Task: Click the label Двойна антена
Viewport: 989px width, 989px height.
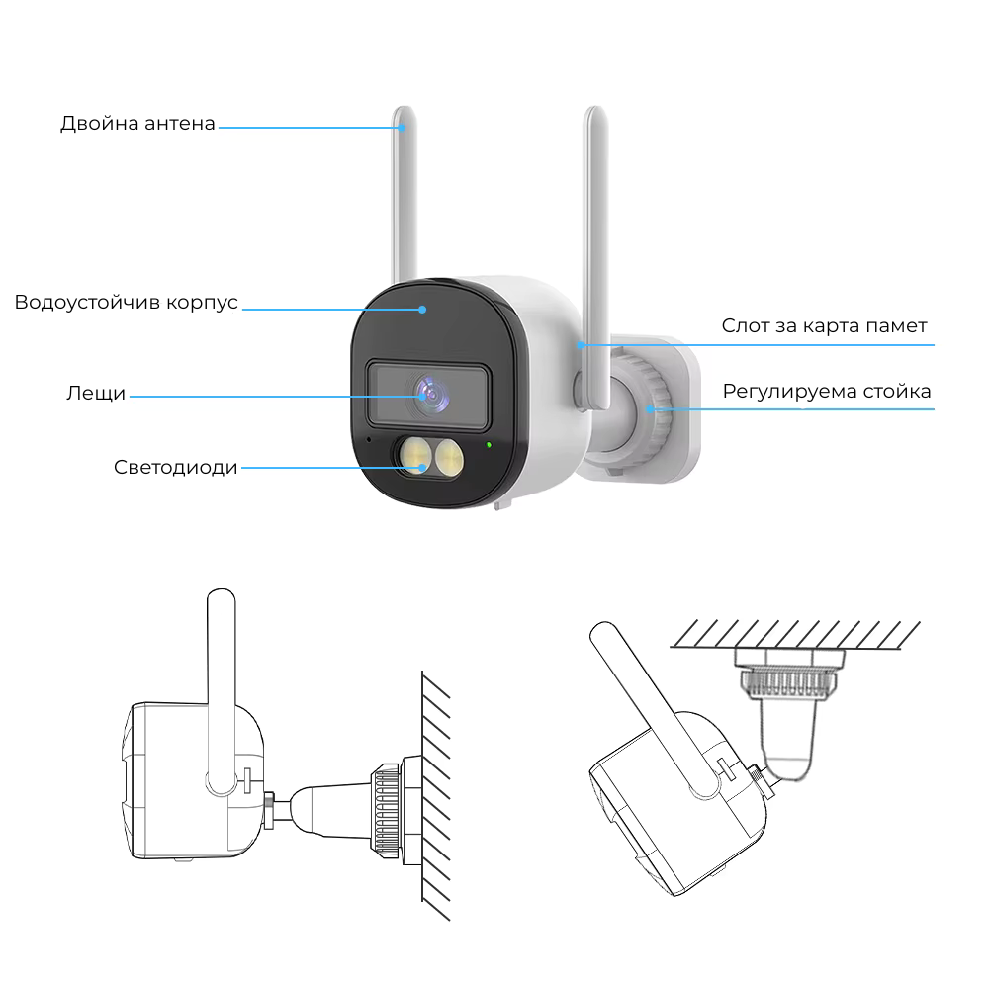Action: [137, 123]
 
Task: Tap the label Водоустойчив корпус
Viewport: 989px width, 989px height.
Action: [127, 302]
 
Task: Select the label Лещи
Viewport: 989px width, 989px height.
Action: [96, 393]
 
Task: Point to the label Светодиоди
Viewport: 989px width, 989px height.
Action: [175, 468]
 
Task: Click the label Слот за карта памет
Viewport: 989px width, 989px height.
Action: [825, 326]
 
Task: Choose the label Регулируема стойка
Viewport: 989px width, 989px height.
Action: [826, 391]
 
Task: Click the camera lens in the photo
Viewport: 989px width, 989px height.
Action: [432, 396]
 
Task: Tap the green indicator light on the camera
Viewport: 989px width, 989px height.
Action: [489, 445]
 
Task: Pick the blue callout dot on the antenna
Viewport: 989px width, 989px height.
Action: [402, 128]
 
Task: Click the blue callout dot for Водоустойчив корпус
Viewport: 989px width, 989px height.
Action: [422, 310]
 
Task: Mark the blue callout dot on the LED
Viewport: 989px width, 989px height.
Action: [422, 468]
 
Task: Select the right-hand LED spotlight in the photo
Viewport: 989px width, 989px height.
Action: [448, 456]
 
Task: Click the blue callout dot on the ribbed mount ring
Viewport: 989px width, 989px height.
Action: [650, 409]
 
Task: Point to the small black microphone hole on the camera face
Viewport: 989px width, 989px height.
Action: [369, 439]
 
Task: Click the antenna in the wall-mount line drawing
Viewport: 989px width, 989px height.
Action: [222, 691]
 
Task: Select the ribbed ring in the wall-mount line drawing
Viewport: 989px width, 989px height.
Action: [386, 811]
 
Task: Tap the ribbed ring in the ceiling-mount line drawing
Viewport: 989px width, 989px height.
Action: [788, 684]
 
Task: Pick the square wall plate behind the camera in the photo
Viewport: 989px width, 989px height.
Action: [674, 410]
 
